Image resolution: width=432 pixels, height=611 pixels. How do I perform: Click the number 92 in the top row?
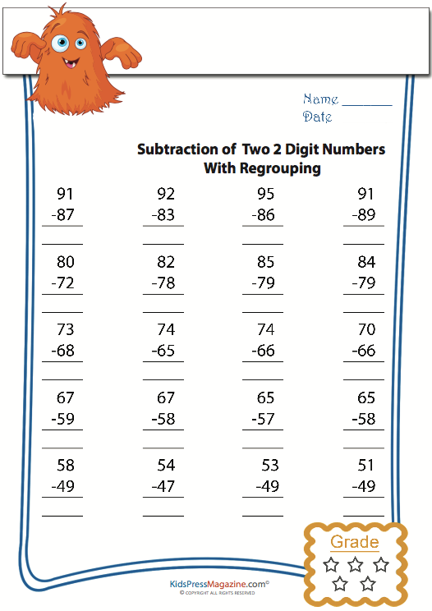(166, 195)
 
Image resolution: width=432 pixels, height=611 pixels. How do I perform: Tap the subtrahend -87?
(63, 215)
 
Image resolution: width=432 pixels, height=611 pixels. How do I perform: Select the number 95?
(265, 195)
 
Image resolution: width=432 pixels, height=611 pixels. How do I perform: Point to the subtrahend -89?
(364, 215)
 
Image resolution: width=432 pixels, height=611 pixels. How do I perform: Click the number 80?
(66, 263)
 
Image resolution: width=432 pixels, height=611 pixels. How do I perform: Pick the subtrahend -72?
(63, 283)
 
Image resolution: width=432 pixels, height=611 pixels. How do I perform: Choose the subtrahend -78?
(163, 283)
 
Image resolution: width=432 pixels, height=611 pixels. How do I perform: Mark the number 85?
(265, 263)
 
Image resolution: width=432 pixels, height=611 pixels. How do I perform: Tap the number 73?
(66, 330)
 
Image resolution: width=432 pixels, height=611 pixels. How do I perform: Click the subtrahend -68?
(63, 351)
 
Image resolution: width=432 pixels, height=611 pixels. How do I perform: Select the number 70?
(366, 330)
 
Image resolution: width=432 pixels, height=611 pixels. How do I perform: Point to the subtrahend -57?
(263, 419)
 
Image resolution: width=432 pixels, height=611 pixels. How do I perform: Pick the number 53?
(270, 466)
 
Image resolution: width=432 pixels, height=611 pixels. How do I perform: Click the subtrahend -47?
(163, 486)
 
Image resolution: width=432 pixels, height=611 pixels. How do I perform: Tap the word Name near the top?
(320, 99)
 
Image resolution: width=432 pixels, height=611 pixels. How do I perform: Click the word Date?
(317, 117)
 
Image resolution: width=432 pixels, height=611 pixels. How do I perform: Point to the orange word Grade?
(355, 542)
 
